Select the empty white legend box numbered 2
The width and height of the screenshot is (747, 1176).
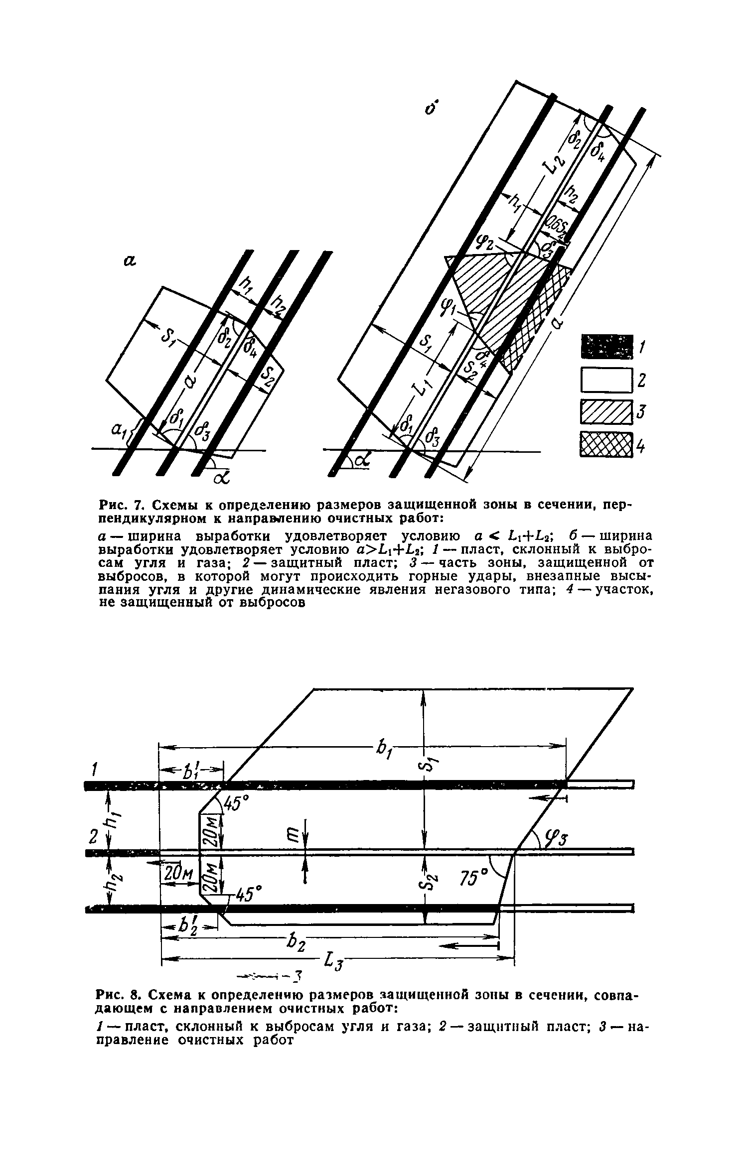[606, 381]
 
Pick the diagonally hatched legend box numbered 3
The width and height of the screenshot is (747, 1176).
[606, 413]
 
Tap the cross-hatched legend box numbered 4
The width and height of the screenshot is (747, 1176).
[606, 444]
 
